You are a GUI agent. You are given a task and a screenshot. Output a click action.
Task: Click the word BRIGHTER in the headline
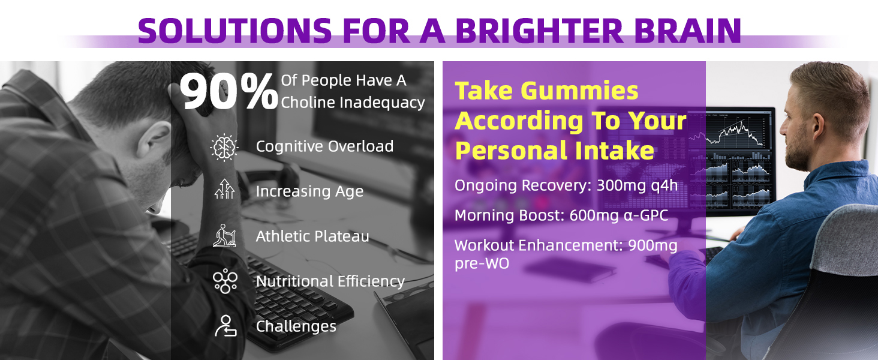tap(539, 31)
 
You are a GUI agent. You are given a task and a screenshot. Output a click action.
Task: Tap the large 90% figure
tap(229, 92)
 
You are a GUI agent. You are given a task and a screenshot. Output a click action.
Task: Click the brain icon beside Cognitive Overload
tap(224, 148)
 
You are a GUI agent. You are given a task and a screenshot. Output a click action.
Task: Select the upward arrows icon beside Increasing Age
tap(224, 189)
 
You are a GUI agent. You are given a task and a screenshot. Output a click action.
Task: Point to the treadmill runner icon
tap(224, 236)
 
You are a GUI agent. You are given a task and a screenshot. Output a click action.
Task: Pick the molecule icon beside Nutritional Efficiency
tap(225, 281)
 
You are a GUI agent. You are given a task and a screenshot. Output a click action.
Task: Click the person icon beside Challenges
tap(225, 326)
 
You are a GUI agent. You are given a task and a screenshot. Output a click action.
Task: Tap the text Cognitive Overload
tap(324, 146)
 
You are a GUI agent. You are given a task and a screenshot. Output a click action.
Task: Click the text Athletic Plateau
tap(312, 236)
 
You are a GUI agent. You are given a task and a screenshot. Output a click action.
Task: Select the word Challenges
tap(296, 326)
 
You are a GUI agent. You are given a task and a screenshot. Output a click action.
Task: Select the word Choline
tap(308, 103)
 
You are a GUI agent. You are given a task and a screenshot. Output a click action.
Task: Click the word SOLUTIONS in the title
tap(234, 31)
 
